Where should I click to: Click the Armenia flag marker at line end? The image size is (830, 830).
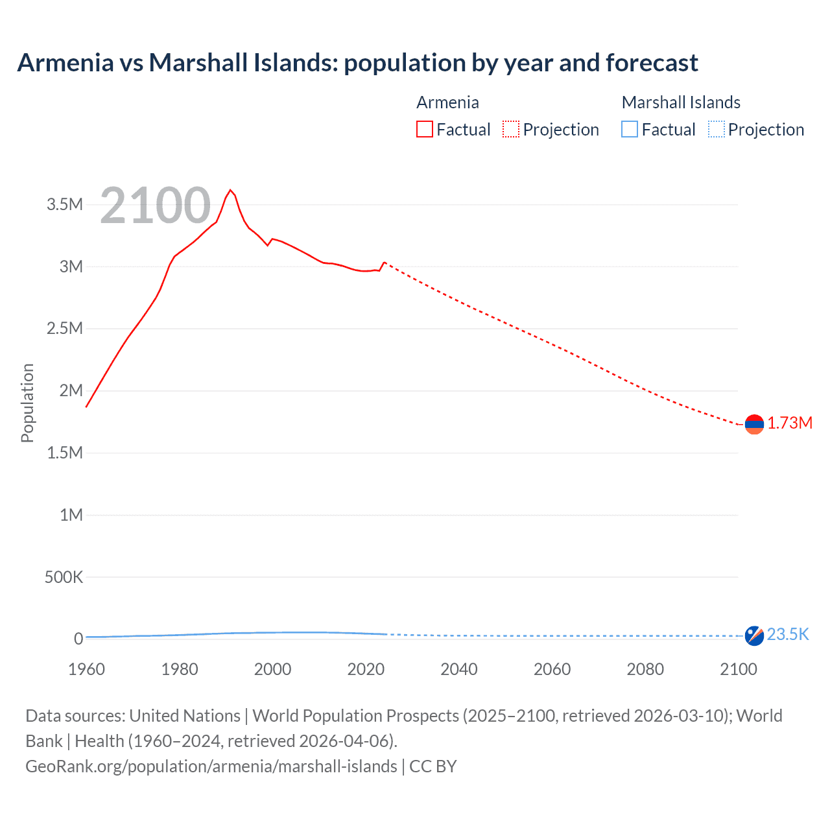click(754, 424)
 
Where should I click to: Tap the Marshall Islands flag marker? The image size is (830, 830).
click(754, 635)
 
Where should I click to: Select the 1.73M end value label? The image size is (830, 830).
click(790, 423)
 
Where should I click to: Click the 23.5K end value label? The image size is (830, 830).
click(788, 634)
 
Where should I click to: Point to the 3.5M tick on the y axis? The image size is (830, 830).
click(65, 205)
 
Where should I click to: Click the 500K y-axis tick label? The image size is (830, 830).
click(64, 577)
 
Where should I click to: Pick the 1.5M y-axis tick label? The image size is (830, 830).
click(65, 453)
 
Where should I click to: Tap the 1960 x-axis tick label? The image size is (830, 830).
click(86, 669)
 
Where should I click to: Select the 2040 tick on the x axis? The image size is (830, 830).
click(459, 669)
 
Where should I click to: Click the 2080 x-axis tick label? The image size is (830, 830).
click(645, 669)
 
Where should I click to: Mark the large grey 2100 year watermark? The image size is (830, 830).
click(155, 206)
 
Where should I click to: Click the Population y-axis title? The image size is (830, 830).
click(27, 403)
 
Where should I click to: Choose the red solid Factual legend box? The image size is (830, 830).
click(425, 130)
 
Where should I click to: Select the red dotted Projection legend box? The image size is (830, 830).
click(511, 130)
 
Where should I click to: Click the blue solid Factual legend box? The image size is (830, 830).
click(630, 130)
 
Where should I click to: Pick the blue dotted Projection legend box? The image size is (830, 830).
click(717, 130)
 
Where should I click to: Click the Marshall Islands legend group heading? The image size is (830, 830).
click(681, 102)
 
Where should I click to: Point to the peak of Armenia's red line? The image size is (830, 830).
click(230, 190)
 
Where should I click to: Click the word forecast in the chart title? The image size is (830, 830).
click(652, 63)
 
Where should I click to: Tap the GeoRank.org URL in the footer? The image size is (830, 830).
click(211, 766)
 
